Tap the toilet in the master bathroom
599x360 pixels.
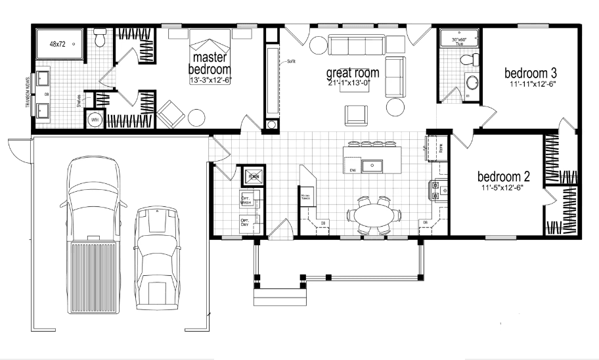[100, 39]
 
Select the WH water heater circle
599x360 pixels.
[94, 120]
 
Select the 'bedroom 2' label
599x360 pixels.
[503, 177]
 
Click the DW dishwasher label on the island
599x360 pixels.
[353, 170]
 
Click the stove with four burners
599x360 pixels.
[439, 190]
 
